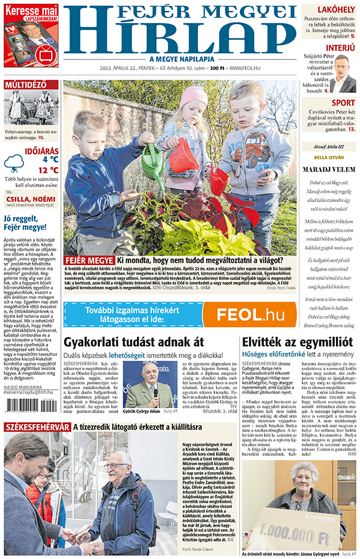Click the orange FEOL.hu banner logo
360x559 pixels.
coord(250,314)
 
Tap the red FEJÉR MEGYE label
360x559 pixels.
coord(89,260)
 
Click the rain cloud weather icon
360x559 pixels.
coord(14,162)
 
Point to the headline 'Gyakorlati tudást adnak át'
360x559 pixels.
coord(133,342)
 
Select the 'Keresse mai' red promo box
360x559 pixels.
coord(31,35)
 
